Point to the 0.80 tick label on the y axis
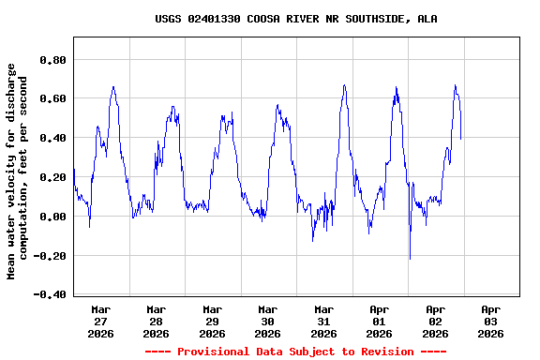pos(52,59)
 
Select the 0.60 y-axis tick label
pos(52,98)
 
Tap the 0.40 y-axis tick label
pos(52,138)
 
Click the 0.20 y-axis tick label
pos(52,177)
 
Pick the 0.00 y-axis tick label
pos(52,217)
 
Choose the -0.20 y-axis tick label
pos(50,256)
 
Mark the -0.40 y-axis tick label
pos(50,294)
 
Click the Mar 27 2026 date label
pos(100,321)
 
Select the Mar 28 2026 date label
pos(157,321)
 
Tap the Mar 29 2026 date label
pos(212,321)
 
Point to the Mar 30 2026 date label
pos(268,321)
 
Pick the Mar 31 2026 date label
pos(323,321)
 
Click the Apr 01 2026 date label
pos(380,321)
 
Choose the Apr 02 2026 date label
pos(435,321)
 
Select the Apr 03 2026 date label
pos(490,321)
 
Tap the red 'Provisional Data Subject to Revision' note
pos(295,352)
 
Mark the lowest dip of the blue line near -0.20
pos(410,258)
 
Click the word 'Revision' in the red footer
pos(380,352)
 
